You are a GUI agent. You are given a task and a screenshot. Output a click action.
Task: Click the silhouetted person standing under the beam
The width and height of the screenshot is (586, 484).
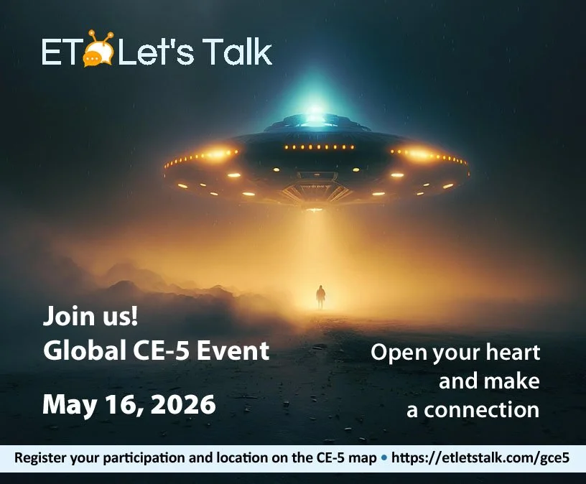coord(321,297)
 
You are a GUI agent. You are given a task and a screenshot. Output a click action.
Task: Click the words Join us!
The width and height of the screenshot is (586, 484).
coord(90,317)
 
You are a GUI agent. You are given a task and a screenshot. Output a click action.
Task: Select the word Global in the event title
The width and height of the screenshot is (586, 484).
coord(85,350)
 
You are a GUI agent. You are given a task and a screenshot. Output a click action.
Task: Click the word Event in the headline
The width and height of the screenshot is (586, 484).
coord(233,350)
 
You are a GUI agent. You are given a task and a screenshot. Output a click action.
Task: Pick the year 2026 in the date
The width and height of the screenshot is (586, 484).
coord(183,404)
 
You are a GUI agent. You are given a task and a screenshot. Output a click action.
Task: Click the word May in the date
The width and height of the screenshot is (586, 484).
coord(69,406)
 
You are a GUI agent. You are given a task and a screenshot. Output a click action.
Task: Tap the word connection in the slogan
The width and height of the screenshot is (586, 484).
coord(481,410)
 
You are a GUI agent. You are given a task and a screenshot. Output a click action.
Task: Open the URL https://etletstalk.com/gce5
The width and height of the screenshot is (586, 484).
coord(480,458)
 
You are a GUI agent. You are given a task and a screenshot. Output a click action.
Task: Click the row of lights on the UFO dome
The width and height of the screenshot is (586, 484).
coord(319,147)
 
